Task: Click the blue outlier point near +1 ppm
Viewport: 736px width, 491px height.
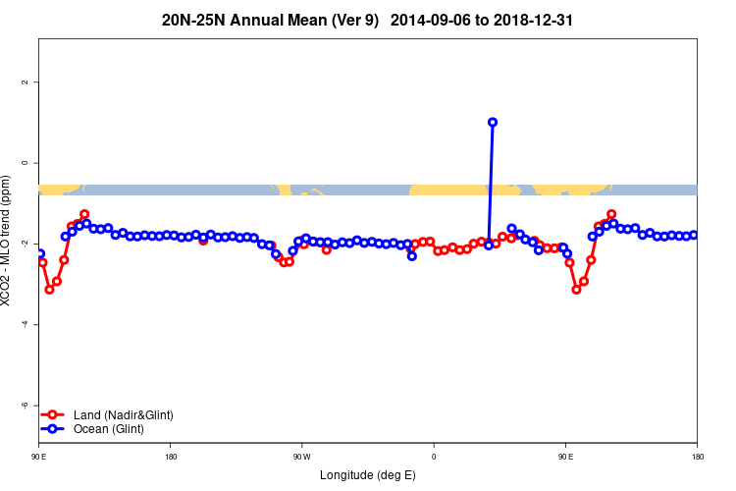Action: [493, 123]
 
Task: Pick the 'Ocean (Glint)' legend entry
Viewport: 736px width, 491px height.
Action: [109, 429]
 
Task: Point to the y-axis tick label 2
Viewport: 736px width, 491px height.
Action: [26, 82]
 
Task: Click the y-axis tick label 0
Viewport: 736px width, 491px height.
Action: [26, 163]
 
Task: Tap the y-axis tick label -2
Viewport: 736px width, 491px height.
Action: [26, 244]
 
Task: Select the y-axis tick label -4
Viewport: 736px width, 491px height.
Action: [26, 324]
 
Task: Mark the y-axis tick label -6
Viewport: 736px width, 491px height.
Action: [26, 405]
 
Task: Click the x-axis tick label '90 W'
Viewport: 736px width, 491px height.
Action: [301, 457]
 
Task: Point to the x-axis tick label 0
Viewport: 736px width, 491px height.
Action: [434, 457]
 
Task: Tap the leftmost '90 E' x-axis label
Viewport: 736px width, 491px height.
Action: [38, 457]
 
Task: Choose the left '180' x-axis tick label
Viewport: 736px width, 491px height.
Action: [171, 457]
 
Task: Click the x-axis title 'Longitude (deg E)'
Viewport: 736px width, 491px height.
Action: [368, 475]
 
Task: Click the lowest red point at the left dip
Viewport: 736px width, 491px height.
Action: [49, 290]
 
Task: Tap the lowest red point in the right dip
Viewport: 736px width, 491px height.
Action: [576, 290]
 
